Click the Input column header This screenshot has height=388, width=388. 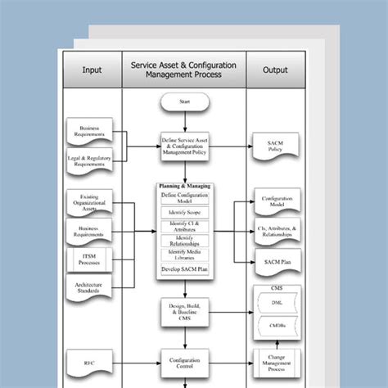coord(92,70)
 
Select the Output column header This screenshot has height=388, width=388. coord(275,70)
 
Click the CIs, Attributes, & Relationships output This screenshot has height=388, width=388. coord(275,232)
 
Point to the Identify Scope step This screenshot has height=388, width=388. coord(185,211)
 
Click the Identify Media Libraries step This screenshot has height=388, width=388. coord(185,254)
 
